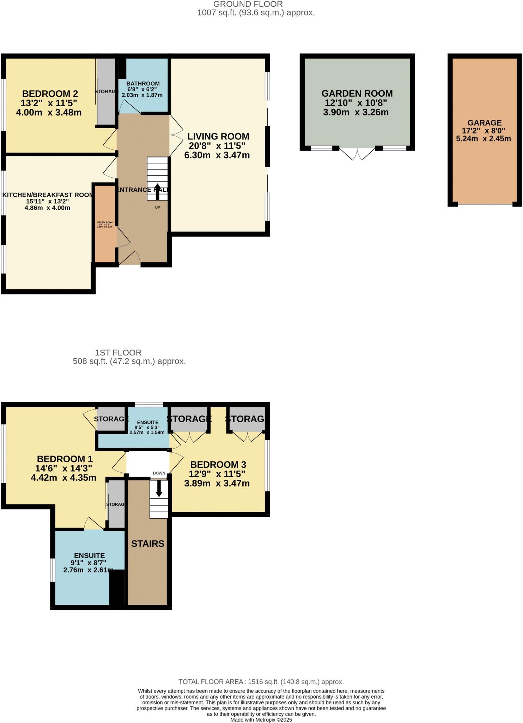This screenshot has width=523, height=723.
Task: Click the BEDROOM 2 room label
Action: tap(50, 94)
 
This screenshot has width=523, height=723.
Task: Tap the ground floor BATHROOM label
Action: tap(143, 84)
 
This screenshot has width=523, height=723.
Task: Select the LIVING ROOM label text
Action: tap(218, 136)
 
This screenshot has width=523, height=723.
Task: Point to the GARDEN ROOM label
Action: tap(357, 94)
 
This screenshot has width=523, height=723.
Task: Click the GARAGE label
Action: tap(485, 123)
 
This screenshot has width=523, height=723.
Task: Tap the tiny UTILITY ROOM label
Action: tap(105, 223)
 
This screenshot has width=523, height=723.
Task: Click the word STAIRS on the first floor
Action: tap(148, 544)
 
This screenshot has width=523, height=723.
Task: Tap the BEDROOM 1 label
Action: tap(65, 459)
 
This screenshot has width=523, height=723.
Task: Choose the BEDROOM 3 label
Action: tap(218, 465)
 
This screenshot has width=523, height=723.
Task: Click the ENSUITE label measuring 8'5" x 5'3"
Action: tap(148, 422)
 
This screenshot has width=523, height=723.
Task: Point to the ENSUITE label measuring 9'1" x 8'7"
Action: tap(89, 556)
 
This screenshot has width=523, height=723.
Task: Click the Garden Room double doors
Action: tap(357, 154)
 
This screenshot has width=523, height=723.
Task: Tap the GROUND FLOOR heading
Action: tap(248, 4)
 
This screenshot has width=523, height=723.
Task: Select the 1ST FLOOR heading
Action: tap(118, 352)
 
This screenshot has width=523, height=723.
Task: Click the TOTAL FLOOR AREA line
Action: tap(261, 682)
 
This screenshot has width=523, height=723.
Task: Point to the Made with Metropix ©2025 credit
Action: tap(261, 719)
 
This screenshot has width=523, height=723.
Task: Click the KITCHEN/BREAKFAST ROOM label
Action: tap(48, 195)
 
